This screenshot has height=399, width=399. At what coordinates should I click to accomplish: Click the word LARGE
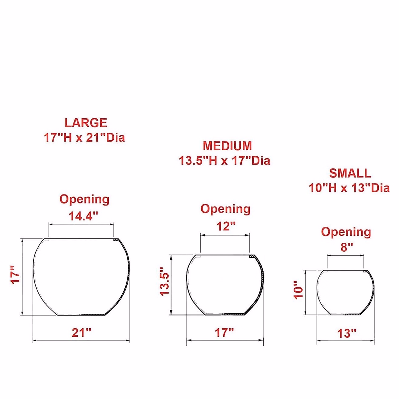[x=86, y=123]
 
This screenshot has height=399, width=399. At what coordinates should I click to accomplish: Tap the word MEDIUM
[x=227, y=146]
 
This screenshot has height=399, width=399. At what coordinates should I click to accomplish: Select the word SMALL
[x=350, y=173]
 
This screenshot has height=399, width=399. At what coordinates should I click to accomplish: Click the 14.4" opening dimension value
[x=83, y=216]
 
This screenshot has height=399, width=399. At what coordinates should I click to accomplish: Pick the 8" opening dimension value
[x=346, y=247]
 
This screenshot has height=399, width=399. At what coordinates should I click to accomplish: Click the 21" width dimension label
[x=81, y=333]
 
